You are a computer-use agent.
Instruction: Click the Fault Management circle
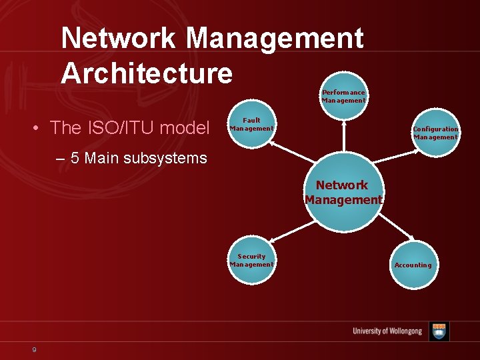pyautogui.click(x=251, y=125)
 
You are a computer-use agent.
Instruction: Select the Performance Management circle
pyautogui.click(x=343, y=96)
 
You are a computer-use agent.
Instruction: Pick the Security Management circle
pyautogui.click(x=251, y=261)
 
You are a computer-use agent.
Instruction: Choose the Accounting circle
pyautogui.click(x=413, y=265)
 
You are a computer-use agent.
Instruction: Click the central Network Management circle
pyautogui.click(x=343, y=193)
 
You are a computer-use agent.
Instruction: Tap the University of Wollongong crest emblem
pyautogui.click(x=439, y=331)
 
